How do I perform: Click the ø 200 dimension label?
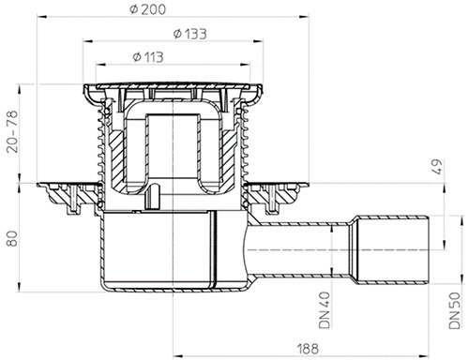click(x=147, y=9)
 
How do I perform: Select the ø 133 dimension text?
click(x=190, y=34)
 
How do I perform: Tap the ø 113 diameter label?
click(x=148, y=57)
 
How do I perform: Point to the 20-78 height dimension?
click(x=12, y=131)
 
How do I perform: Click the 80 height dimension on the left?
click(x=12, y=239)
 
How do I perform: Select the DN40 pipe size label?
click(x=325, y=310)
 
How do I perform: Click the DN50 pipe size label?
click(x=454, y=310)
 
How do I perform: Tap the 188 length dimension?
click(x=308, y=349)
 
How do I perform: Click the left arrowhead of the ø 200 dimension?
click(x=42, y=17)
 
